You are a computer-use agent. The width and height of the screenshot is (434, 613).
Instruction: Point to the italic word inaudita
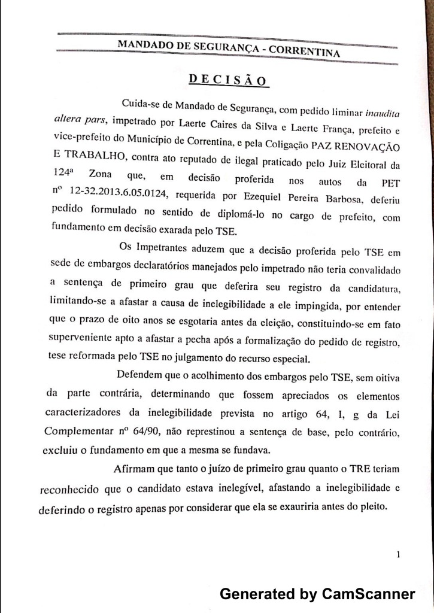(x=381, y=112)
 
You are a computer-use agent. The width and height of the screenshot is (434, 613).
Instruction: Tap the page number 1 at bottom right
(x=398, y=555)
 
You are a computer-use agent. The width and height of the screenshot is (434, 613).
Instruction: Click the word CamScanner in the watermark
(x=368, y=594)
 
